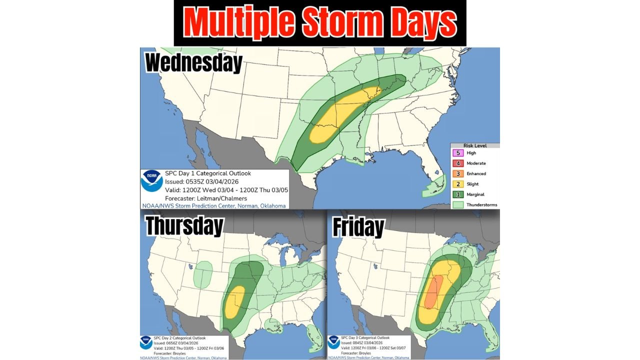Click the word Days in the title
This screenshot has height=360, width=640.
tap(422, 23)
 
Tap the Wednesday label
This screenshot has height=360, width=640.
tap(193, 63)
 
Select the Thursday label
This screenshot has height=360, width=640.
tap(184, 226)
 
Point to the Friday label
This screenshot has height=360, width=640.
tap(358, 227)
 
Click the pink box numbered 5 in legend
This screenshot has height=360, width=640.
tap(458, 153)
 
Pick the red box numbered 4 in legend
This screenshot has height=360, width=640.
tap(458, 163)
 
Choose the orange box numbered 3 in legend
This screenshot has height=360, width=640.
tap(458, 174)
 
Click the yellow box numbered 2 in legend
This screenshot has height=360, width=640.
tap(458, 184)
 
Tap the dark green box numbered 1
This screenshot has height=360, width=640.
tap(458, 194)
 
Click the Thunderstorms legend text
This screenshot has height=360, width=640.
tap(481, 205)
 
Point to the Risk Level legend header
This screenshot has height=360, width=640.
tap(474, 145)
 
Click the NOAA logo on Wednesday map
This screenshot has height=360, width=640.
tap(151, 181)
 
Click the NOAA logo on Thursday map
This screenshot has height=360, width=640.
tap(146, 342)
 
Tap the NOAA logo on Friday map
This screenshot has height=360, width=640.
tap(333, 342)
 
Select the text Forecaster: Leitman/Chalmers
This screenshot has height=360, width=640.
tap(205, 198)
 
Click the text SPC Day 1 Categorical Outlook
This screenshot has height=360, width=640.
tap(208, 173)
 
